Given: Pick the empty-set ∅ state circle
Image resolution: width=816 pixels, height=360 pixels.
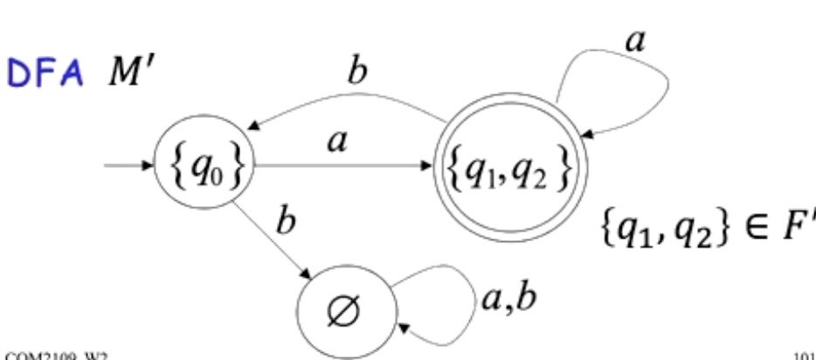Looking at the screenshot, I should [348, 307].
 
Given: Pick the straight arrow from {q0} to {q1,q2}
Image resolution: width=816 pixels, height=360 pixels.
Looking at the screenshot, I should [341, 166].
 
